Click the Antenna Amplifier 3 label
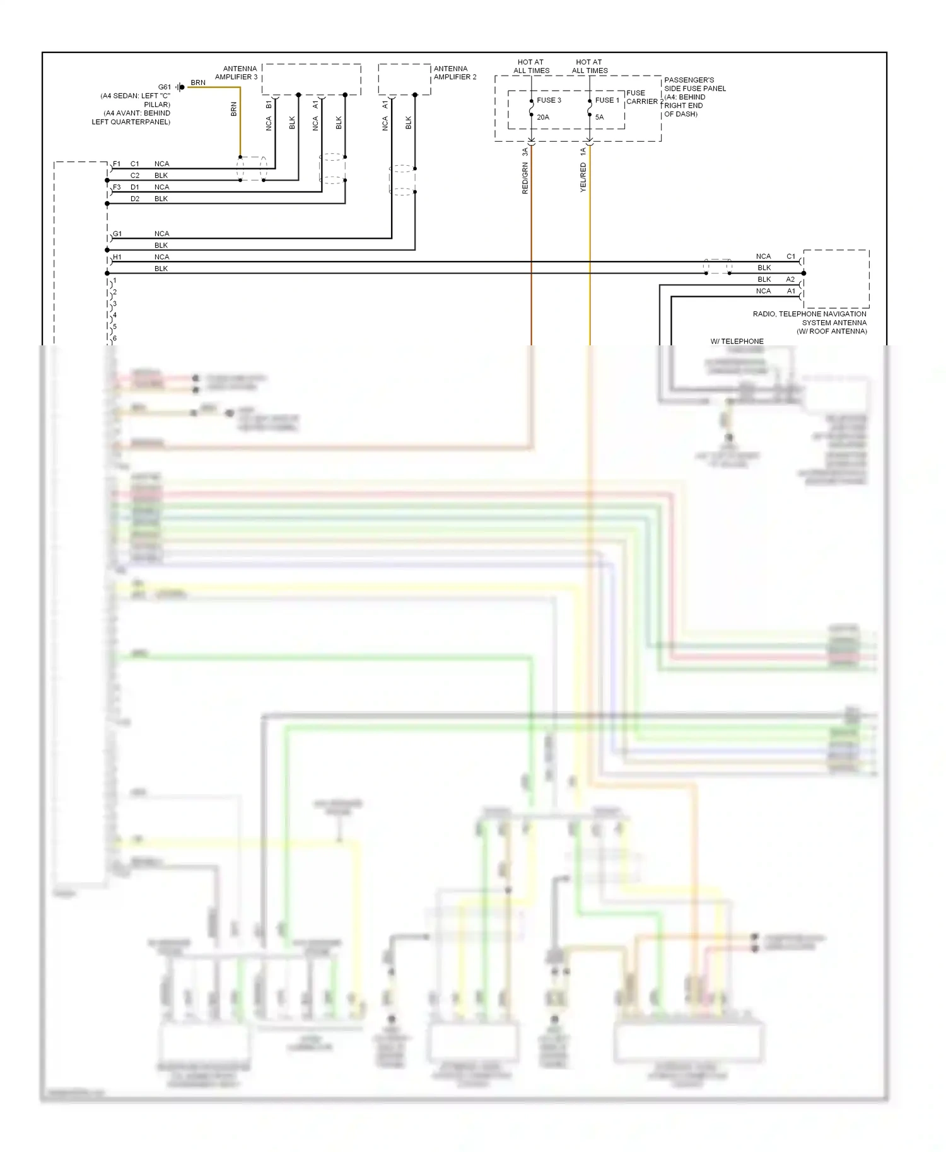click(237, 72)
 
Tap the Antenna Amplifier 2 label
click(455, 72)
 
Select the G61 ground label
click(164, 87)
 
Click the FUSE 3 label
click(549, 100)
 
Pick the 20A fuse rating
click(543, 117)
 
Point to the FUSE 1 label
click(607, 100)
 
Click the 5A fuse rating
click(599, 117)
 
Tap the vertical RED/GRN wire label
click(525, 178)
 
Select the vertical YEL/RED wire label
click(583, 177)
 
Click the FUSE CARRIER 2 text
click(644, 97)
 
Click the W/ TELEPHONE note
click(737, 341)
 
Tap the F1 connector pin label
click(117, 164)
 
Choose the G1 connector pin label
click(117, 234)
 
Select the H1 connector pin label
click(117, 257)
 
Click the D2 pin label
click(135, 199)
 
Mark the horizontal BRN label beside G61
click(198, 83)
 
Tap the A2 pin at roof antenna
click(790, 279)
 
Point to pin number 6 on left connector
click(115, 338)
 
